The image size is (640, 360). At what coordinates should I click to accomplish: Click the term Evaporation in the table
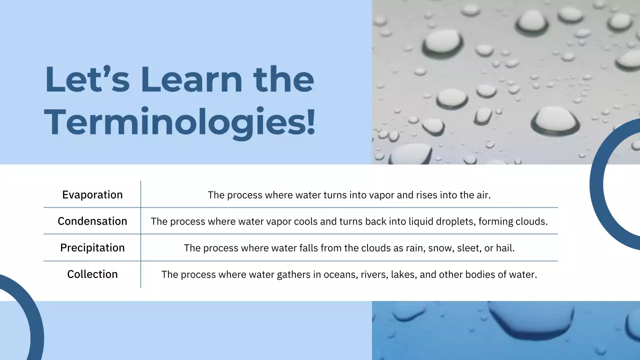coord(92,195)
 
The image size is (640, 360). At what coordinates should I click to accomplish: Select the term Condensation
coord(92,221)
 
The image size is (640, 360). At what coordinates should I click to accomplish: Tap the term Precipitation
coord(92,247)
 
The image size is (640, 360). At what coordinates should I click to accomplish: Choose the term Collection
coord(92,274)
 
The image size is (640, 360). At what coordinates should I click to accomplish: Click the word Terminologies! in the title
coord(180,121)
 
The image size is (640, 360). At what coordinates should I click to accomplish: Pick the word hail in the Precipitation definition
coord(504,247)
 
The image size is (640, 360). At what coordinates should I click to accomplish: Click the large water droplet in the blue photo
coord(531,320)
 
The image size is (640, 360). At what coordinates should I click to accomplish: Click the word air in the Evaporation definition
coord(483,195)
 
